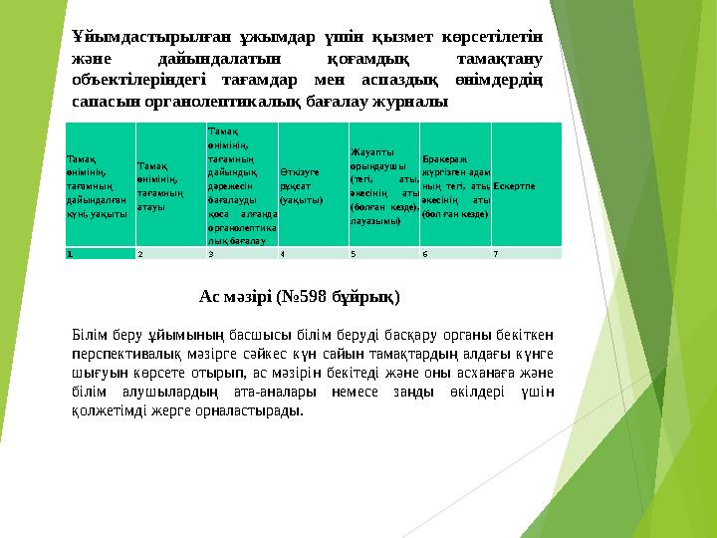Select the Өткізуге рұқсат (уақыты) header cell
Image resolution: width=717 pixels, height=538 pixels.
313,186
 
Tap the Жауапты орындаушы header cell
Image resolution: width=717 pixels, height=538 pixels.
383,186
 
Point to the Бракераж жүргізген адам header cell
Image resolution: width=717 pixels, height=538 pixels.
455,186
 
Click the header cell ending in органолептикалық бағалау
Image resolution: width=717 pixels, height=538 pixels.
241,186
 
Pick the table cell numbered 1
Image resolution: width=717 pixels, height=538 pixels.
100,254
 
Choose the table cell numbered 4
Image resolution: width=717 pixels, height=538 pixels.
313,254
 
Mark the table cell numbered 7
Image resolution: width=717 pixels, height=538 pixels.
527,254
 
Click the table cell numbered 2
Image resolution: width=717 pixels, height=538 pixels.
170,254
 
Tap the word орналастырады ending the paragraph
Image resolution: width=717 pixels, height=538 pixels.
250,409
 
